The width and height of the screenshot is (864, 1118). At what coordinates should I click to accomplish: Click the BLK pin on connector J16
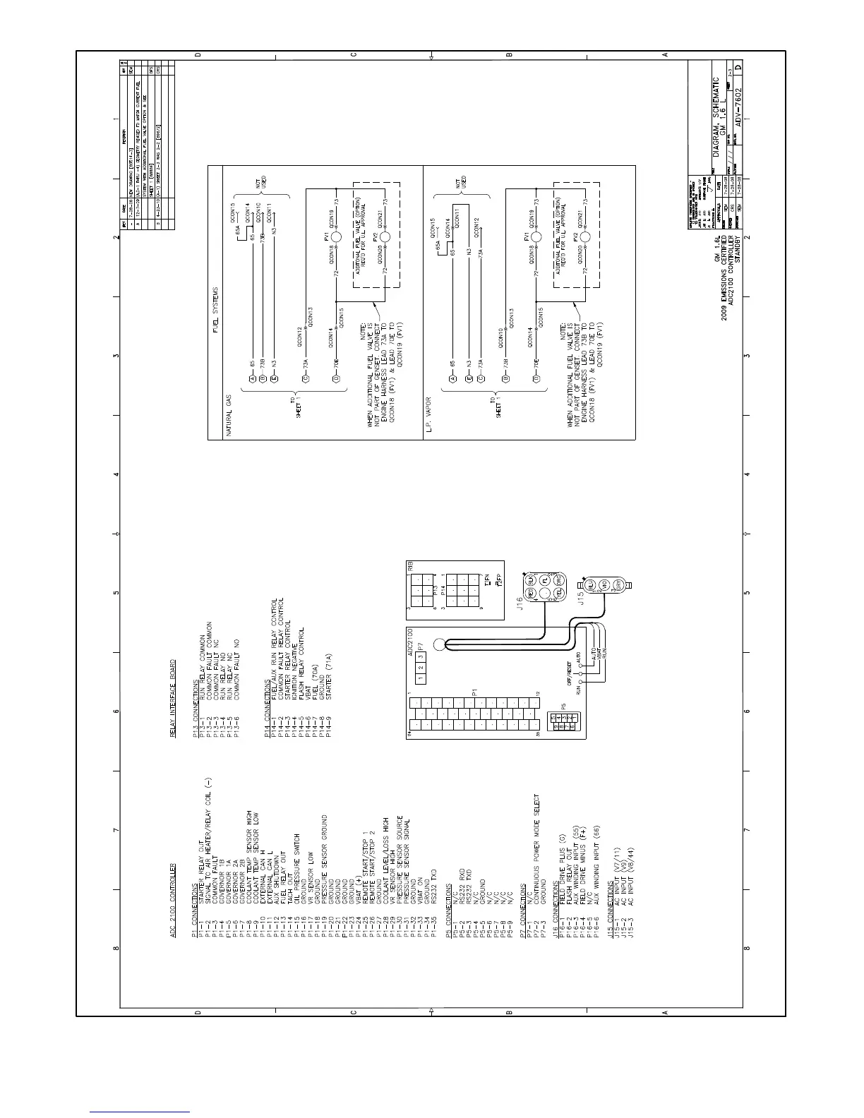(531, 579)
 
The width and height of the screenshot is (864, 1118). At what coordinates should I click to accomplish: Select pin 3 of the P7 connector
(419, 657)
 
